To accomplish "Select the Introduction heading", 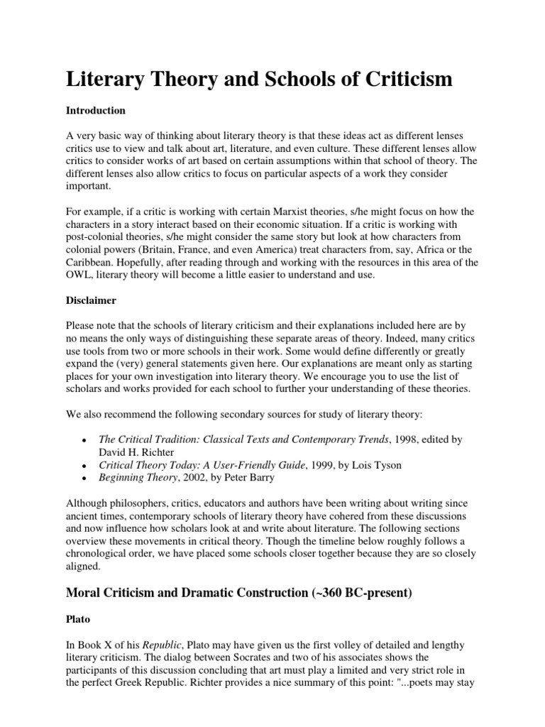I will point(96,111).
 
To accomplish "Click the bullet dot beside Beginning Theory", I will point(84,479).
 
